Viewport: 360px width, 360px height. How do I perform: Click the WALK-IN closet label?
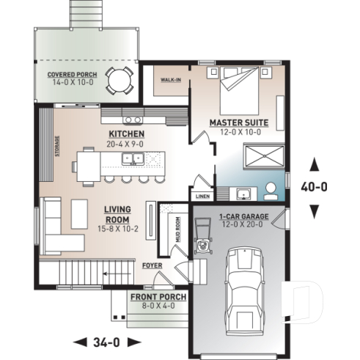[172, 81]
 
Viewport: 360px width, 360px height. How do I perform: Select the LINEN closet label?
[202, 196]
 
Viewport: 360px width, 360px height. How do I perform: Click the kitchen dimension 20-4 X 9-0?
[126, 144]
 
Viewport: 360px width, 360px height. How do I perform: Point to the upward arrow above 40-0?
[315, 164]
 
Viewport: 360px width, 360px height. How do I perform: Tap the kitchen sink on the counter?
[133, 118]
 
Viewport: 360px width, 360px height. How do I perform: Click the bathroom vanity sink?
[243, 193]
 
